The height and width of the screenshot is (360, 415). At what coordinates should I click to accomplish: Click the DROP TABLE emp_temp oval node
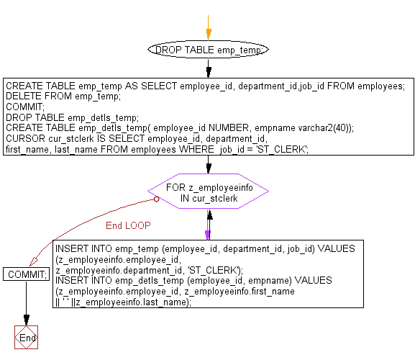coord(208,50)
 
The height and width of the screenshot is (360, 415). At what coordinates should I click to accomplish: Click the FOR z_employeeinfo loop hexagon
coord(208,192)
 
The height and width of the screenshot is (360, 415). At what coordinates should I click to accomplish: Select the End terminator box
coord(26,338)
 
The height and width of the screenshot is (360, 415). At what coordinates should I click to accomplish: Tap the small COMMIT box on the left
coord(26,274)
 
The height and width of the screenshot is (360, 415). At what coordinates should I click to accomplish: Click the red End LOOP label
coord(128,225)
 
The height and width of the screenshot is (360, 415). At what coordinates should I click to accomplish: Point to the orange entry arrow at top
coord(209,32)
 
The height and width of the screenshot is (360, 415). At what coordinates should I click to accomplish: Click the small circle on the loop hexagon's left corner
coord(155,199)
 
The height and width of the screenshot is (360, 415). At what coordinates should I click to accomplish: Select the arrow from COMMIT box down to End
coord(26,302)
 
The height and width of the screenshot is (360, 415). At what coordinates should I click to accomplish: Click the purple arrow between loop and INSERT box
coord(209,227)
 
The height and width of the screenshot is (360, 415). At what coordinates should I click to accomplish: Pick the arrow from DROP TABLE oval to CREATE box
coord(209,68)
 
